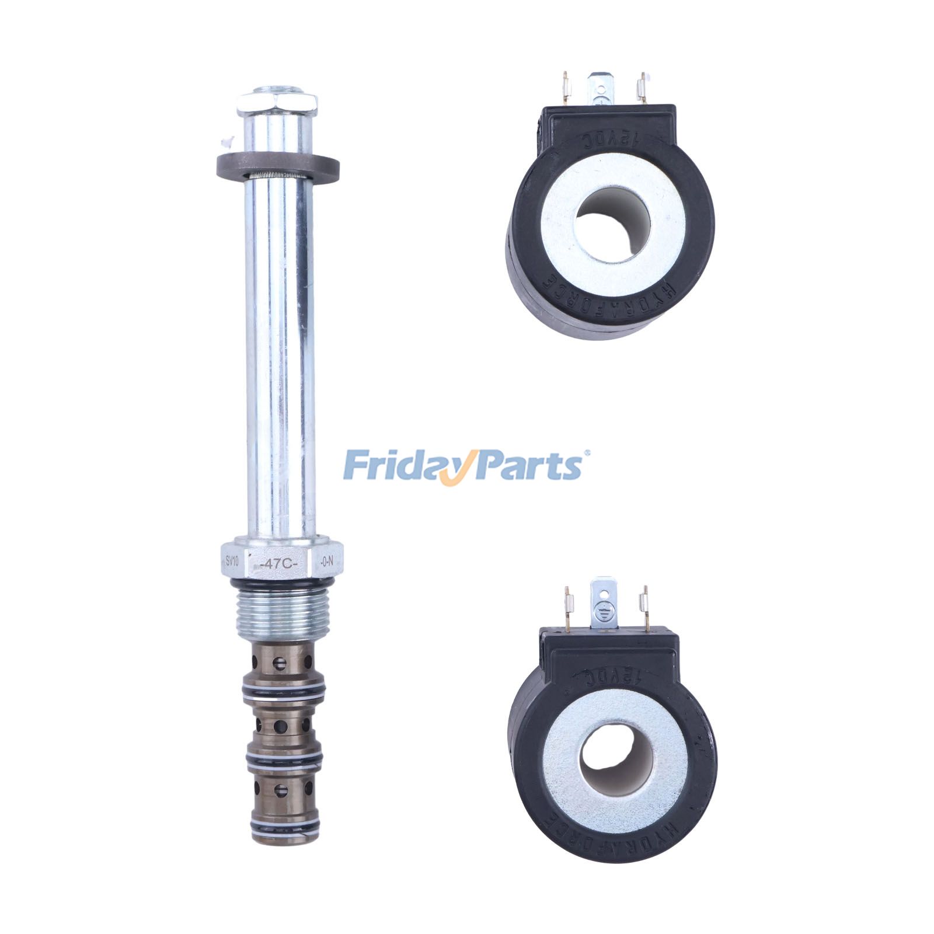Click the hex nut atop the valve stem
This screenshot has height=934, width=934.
tap(277, 104)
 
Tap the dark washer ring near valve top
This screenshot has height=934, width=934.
tap(278, 166)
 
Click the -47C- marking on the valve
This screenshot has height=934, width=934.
tap(279, 564)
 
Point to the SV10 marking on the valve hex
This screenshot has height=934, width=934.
tap(232, 560)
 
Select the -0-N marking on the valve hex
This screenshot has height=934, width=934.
tap(327, 562)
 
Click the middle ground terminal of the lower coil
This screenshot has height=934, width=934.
tap(604, 604)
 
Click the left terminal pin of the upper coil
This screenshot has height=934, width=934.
tap(565, 88)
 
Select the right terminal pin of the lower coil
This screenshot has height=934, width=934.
tap(644, 607)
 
